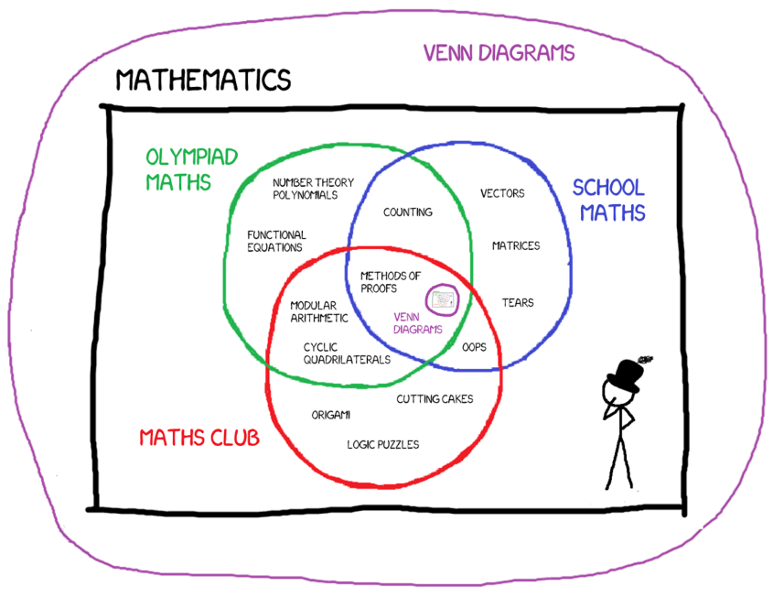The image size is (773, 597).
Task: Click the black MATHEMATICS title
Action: coord(203,80)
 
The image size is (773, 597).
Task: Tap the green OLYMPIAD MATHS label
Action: coord(191,169)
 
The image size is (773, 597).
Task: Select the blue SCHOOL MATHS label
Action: coord(608,201)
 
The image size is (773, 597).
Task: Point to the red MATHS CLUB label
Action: coord(199,438)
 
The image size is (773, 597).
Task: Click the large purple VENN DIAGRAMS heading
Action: coord(499,52)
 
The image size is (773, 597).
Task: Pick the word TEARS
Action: coord(517,302)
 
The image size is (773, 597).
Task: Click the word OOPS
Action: coord(474,347)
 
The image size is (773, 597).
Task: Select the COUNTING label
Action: coord(407,212)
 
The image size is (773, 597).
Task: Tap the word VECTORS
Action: coord(502,193)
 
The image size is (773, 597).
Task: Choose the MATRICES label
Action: coord(516,245)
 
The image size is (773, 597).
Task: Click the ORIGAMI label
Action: coord(330,415)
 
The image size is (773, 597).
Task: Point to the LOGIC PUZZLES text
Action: coord(382,444)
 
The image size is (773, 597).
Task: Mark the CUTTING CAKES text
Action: coord(435,398)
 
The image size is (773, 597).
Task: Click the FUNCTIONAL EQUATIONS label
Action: coord(276,241)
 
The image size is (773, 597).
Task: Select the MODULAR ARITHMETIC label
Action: coord(318,311)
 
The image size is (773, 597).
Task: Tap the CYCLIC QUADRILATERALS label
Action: coord(346,353)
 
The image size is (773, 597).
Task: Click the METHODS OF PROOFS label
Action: coord(391,281)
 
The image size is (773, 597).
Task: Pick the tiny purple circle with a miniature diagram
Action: coord(443,298)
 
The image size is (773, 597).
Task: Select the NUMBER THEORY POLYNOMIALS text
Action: coord(313,188)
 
